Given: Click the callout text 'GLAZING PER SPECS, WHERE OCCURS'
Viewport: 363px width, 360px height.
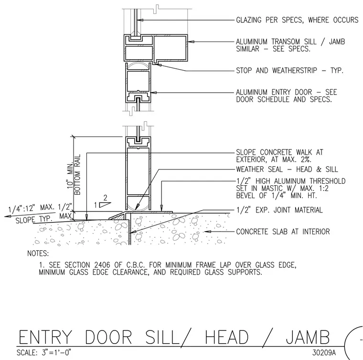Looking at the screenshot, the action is coord(297,20).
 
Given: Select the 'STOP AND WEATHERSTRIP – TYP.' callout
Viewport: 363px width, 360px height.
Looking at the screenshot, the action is coord(289,70).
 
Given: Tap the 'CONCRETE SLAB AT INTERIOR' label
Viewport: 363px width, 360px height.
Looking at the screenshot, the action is coord(283,232).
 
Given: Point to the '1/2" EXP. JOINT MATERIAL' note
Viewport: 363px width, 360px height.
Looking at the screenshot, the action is coord(279,210).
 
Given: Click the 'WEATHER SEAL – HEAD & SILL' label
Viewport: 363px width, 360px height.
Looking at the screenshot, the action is coord(287,169).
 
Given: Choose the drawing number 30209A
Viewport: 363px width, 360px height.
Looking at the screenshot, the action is coord(324,352).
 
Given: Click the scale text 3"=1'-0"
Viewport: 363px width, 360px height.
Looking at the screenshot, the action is coord(56,352).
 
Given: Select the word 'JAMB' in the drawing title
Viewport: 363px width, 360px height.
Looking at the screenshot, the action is coord(308,337).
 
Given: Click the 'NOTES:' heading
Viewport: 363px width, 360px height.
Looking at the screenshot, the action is coord(38,254).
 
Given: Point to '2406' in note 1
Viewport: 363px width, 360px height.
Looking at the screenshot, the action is coord(102,265).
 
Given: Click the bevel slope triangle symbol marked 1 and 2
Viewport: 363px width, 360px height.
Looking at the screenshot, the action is coord(105,205).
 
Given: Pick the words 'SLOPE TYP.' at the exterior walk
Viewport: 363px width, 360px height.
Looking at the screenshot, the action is coord(33,219).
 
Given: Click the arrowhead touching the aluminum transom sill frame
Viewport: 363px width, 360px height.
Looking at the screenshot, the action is coord(190,42).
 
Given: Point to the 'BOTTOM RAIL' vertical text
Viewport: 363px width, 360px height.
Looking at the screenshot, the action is coord(77,175).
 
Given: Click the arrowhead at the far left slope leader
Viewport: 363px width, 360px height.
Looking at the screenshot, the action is coord(8,216).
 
